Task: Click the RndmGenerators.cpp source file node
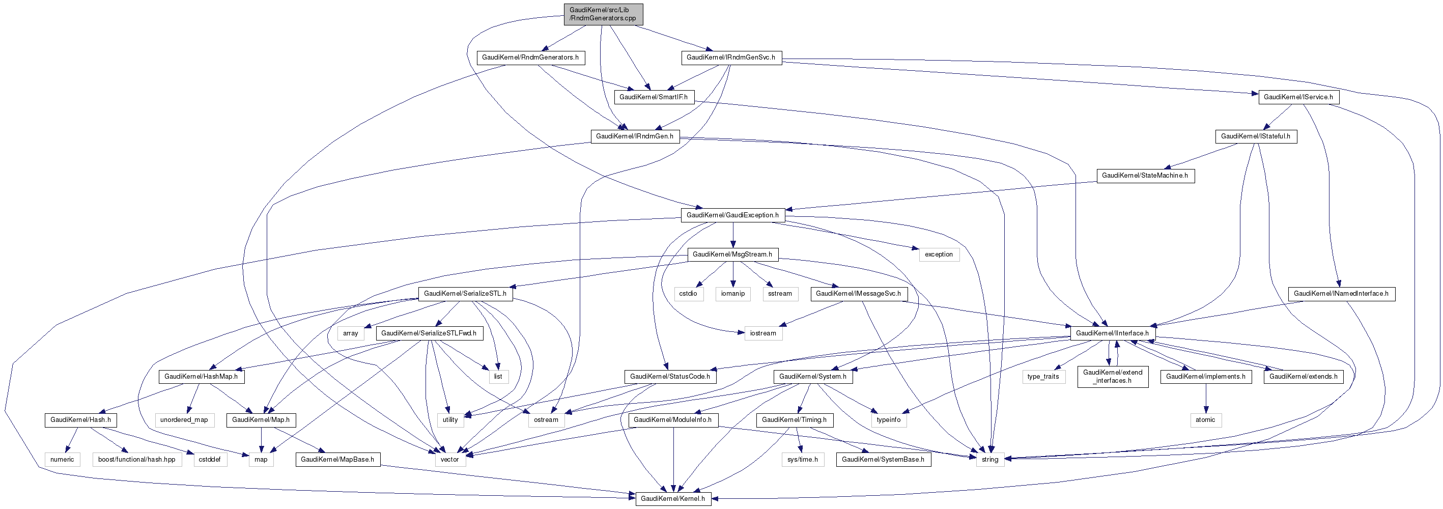pos(603,14)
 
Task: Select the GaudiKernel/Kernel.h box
pos(673,498)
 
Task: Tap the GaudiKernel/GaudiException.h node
pos(732,215)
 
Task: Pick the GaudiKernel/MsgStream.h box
pos(732,254)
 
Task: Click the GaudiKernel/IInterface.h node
pos(1112,333)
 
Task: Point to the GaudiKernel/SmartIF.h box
pos(653,97)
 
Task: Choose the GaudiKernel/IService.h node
pos(1298,97)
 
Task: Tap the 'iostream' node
pos(763,333)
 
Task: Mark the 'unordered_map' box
pos(184,420)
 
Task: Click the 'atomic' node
pos(1205,420)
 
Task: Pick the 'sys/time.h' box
pos(802,460)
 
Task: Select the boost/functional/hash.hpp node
pos(137,460)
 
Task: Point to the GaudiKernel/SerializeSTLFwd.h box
pos(429,333)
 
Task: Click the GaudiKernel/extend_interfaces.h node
pos(1113,376)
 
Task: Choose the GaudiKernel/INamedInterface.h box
pos(1341,293)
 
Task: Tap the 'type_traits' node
pos(1043,376)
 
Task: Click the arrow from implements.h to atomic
pos(1205,398)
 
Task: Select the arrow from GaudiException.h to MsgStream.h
pos(733,235)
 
